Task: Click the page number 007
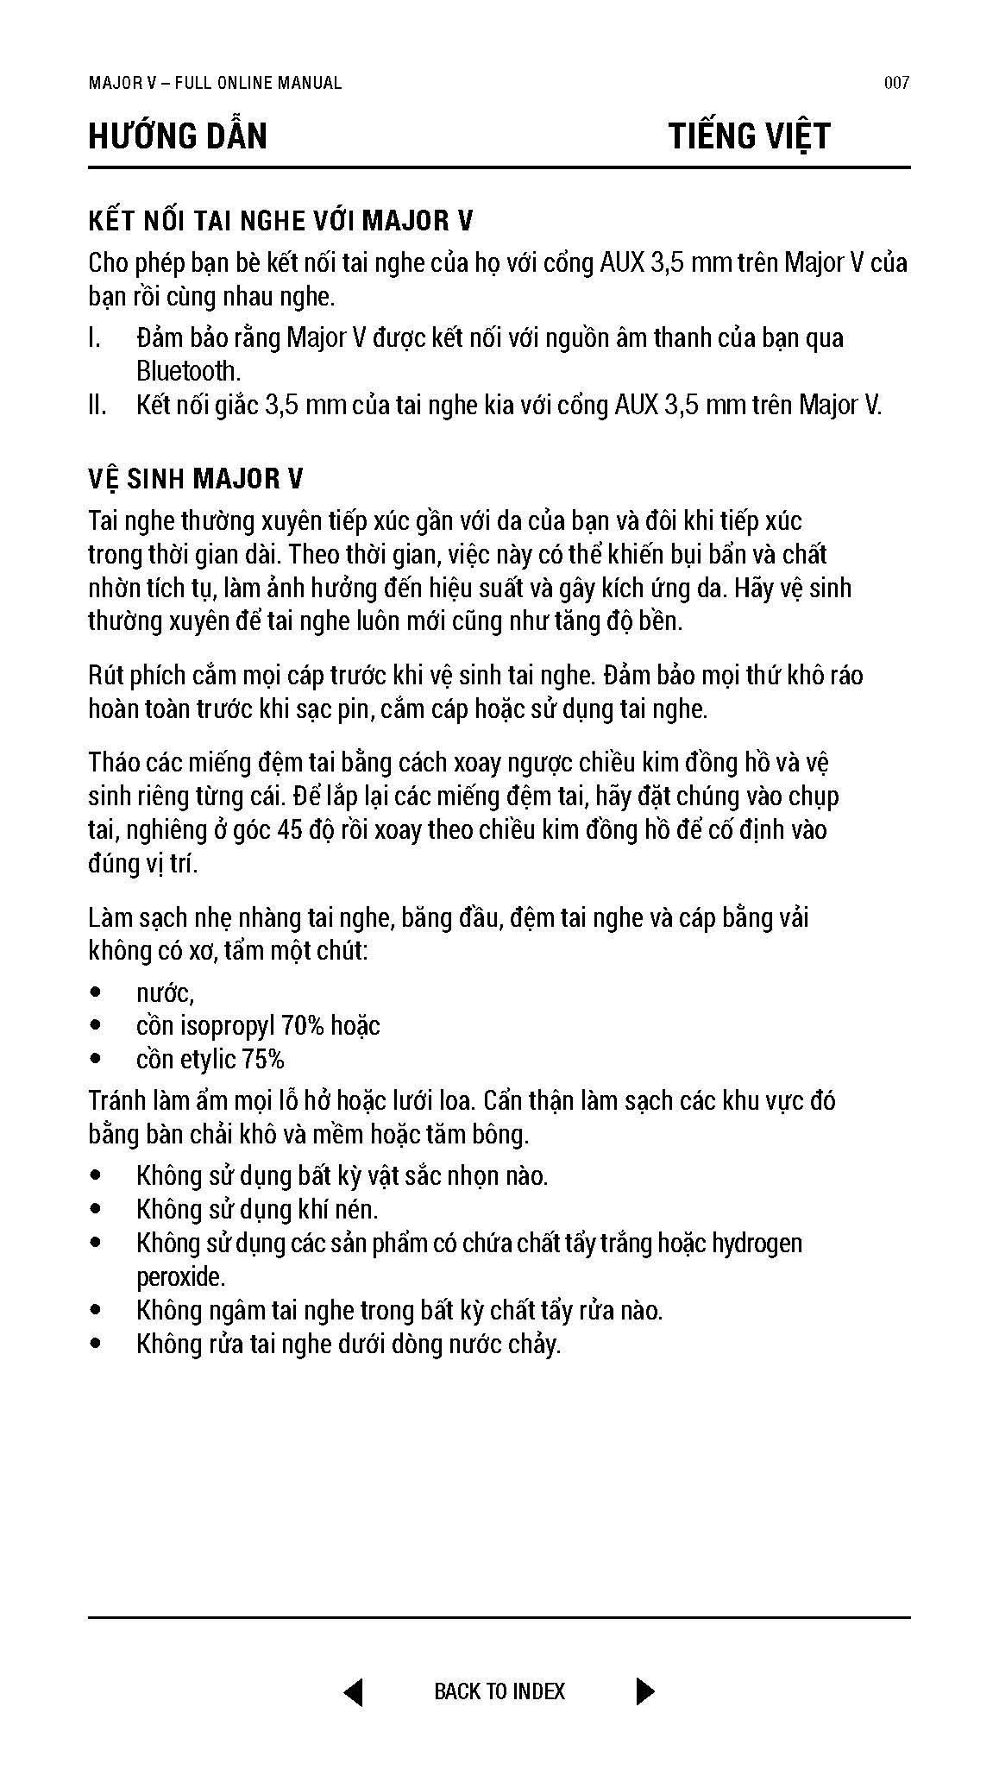(896, 83)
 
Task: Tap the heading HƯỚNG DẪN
(178, 136)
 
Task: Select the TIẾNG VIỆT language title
(749, 136)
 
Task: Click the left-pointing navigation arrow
(353, 1691)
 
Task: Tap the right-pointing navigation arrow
(644, 1691)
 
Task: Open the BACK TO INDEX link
(499, 1691)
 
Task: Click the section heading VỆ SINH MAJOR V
(195, 479)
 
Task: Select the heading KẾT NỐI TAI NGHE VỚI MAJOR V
(280, 221)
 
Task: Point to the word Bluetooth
(187, 371)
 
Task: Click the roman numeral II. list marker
(97, 405)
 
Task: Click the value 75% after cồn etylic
(264, 1060)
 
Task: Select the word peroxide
(180, 1276)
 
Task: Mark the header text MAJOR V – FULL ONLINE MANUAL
(215, 83)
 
